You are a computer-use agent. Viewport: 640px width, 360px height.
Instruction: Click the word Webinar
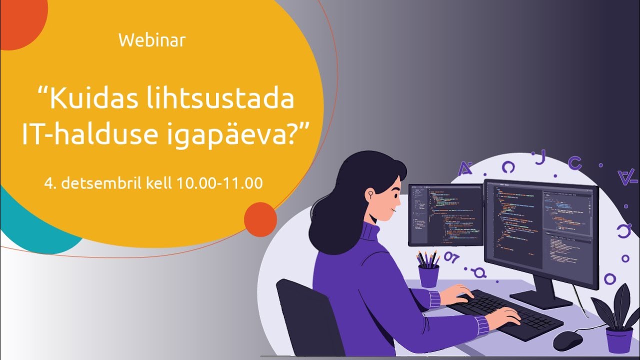click(x=152, y=40)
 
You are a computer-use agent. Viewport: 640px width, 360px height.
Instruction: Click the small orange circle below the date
click(x=260, y=219)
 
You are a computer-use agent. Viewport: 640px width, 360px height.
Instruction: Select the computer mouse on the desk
click(x=567, y=340)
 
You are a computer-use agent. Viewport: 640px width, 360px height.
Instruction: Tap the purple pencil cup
click(x=428, y=275)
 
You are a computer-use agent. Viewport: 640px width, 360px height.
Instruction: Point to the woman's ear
click(x=371, y=192)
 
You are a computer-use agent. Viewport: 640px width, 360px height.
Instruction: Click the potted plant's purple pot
click(x=619, y=340)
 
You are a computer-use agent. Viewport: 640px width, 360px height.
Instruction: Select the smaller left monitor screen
click(x=445, y=214)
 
